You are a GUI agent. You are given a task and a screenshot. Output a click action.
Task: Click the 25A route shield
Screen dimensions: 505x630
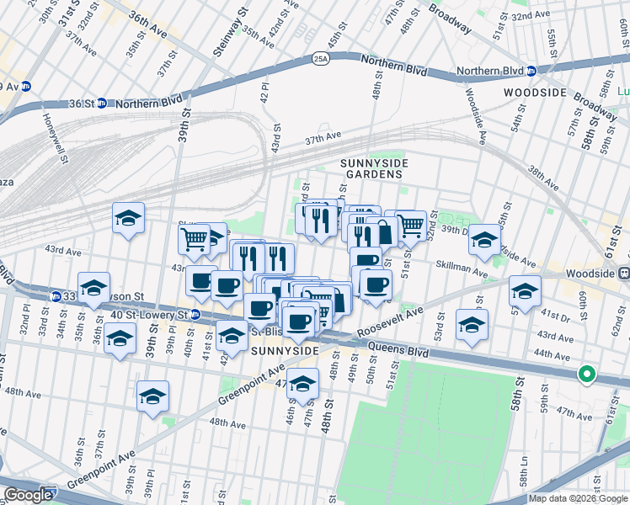coord(320,58)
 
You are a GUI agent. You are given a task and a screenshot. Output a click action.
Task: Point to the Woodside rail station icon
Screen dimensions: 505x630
coord(623,274)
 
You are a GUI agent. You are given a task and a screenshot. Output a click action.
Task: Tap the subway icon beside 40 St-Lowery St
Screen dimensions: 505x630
coord(196,315)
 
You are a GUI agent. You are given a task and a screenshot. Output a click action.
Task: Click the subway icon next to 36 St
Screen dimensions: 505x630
coord(101,104)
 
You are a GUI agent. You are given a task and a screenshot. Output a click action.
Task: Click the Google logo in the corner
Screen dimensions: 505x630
coord(28,495)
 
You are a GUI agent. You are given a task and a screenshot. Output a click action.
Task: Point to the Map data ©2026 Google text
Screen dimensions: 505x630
coord(578,498)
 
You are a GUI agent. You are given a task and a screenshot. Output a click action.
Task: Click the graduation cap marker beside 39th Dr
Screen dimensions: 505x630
coord(484,239)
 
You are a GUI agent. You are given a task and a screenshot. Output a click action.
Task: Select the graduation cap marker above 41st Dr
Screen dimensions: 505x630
coord(525,291)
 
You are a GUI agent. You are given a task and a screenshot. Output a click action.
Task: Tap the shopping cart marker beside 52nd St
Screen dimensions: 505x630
coord(410,225)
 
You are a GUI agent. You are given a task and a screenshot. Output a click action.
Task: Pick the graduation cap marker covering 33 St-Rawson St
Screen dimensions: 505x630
coord(94,287)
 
